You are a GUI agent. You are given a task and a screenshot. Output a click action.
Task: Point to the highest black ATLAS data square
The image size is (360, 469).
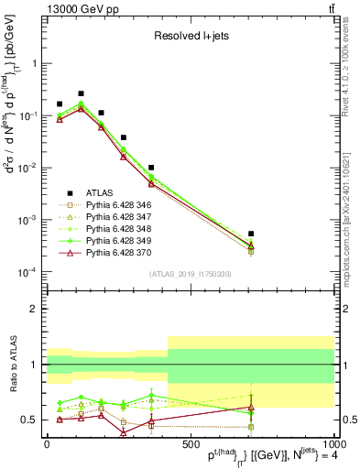[82, 93]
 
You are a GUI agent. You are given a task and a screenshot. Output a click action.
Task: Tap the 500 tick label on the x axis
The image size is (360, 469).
[191, 442]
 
